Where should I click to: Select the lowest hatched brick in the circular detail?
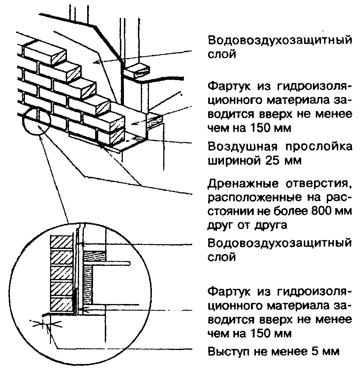pyautogui.click(x=62, y=304)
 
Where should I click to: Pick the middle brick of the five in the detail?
pyautogui.click(x=62, y=274)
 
